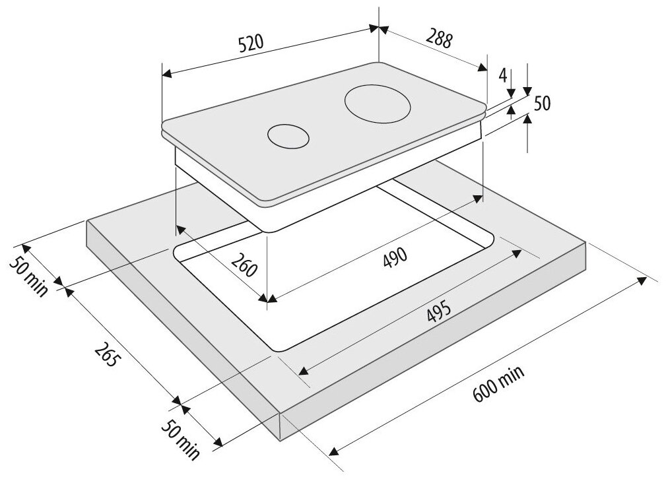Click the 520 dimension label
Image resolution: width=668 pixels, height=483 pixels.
(251, 43)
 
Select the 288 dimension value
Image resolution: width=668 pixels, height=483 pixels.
(438, 38)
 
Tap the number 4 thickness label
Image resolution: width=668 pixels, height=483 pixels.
(503, 75)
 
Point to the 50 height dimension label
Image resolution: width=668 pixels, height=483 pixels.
(542, 104)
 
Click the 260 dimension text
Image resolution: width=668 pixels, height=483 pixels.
(244, 264)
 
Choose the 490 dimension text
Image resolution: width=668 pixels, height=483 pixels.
(395, 257)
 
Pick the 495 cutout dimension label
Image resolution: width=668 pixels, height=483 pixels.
(438, 311)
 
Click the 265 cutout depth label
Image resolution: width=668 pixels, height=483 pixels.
(106, 355)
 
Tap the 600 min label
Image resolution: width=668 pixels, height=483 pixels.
(498, 384)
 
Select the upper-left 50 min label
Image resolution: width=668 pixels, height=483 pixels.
(28, 277)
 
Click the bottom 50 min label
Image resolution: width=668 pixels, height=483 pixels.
(180, 439)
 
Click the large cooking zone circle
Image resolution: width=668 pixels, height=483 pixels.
(378, 105)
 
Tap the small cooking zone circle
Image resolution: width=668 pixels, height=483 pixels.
(288, 137)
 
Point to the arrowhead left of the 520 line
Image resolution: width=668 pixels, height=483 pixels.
(166, 74)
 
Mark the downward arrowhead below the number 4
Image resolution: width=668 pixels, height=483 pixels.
(511, 92)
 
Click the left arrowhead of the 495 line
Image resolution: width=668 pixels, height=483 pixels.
(303, 371)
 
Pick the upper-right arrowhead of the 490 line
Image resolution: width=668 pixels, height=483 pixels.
(478, 200)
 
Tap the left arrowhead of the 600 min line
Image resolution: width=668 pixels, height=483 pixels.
(333, 451)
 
